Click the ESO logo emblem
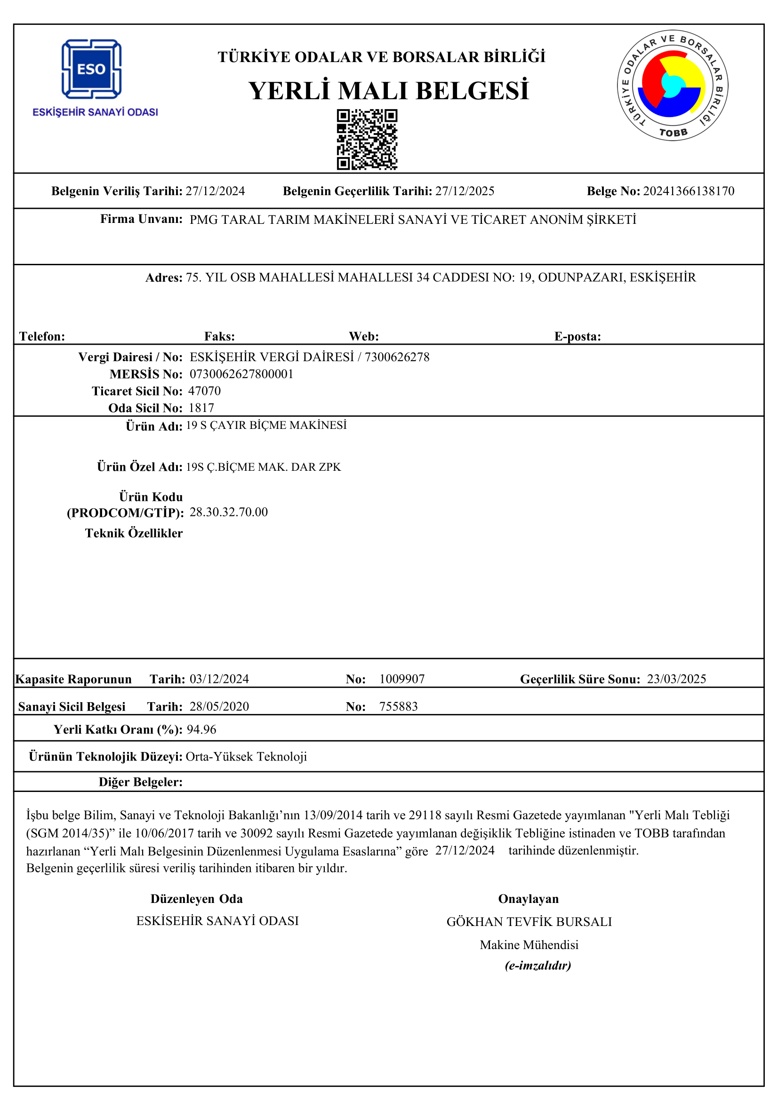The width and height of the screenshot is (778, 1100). pos(91,69)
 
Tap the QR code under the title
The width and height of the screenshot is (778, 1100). pos(367,139)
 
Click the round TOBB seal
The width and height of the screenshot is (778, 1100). pos(672,86)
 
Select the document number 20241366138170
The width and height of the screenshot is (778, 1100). pos(689,191)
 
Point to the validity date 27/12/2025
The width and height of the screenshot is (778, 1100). pos(465,191)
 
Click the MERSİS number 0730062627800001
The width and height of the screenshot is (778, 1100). pos(241,374)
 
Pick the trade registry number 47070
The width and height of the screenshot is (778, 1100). pos(205,391)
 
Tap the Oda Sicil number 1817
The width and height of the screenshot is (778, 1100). pos(201,408)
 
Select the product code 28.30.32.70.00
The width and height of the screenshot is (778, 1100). pos(229,512)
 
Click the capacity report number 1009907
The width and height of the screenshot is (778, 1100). pos(401,679)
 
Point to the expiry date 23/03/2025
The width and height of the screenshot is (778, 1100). pos(676,679)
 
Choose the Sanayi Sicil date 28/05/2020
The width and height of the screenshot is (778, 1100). pos(219,706)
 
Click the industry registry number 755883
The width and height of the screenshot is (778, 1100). pos(398,706)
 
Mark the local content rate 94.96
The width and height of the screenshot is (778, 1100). pos(201,729)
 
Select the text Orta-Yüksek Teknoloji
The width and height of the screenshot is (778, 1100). pos(246,757)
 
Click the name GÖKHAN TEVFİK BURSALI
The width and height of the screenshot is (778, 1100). pos(529,922)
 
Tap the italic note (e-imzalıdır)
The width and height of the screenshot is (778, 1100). pos(538,965)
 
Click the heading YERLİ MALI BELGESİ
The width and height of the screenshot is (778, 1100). pos(388,91)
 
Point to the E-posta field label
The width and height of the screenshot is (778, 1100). pos(577,336)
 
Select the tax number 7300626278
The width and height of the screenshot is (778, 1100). pos(397,357)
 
